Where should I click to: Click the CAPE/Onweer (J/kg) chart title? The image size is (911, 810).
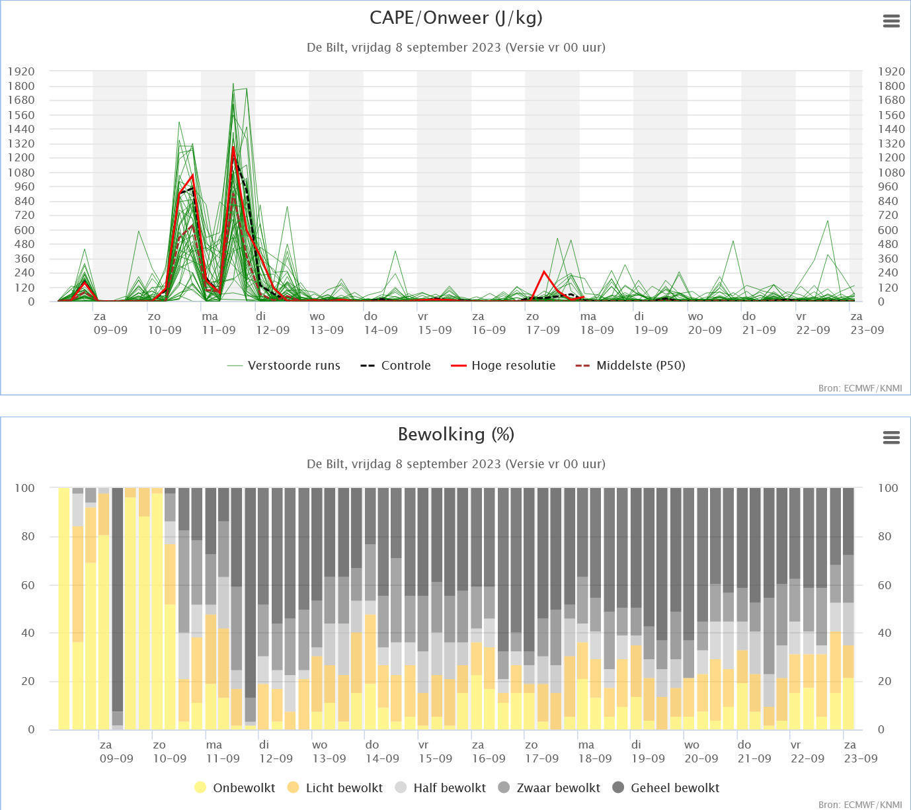tap(455, 18)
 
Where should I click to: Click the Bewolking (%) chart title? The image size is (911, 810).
tap(455, 434)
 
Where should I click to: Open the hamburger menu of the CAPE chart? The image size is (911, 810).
tap(891, 21)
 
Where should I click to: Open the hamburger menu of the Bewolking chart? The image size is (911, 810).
tap(891, 438)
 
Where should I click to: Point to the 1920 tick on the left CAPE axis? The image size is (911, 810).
tap(21, 71)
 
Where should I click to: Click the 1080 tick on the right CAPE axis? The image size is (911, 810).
tap(891, 173)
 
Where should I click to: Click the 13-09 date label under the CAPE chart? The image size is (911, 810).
tap(327, 330)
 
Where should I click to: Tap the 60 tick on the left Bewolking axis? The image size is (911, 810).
tap(28, 585)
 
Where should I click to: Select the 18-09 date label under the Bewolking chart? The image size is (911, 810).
tap(595, 758)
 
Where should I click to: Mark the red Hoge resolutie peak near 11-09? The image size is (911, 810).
tap(233, 147)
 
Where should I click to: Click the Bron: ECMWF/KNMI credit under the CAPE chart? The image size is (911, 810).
tap(859, 388)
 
